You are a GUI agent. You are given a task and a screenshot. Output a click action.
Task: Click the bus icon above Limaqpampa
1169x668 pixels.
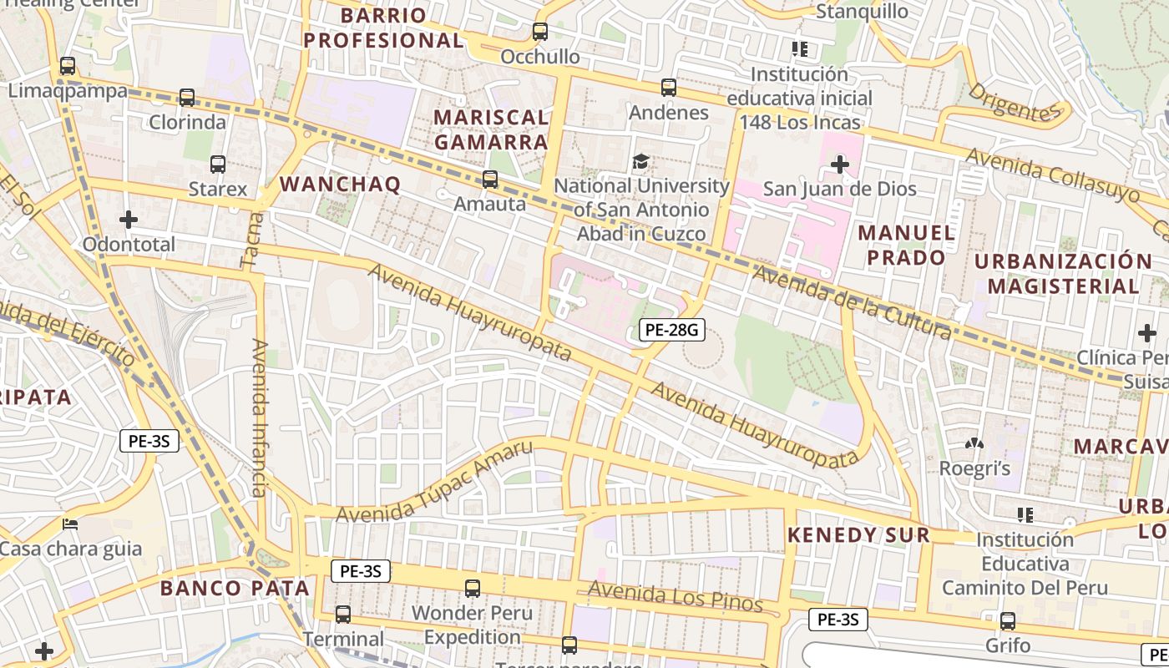pyautogui.click(x=68, y=65)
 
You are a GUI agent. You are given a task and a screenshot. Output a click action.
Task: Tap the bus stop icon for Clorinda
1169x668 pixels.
pyautogui.click(x=187, y=98)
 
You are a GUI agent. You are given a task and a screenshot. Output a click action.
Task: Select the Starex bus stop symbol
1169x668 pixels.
pyautogui.click(x=218, y=164)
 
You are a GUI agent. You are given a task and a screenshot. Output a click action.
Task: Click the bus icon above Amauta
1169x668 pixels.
pyautogui.click(x=490, y=180)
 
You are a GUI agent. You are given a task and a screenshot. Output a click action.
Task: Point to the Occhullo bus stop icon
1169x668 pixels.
pyautogui.click(x=540, y=32)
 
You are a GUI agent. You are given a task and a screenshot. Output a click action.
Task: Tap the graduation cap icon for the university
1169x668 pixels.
pyautogui.click(x=640, y=161)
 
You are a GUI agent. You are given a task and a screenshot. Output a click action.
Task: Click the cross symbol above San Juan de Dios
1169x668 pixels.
pyautogui.click(x=840, y=164)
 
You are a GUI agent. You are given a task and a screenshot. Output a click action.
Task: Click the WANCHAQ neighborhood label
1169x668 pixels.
pyautogui.click(x=340, y=184)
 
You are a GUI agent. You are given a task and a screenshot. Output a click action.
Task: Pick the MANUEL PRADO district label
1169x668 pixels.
pyautogui.click(x=906, y=245)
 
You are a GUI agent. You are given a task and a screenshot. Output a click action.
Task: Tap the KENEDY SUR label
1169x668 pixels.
pyautogui.click(x=858, y=535)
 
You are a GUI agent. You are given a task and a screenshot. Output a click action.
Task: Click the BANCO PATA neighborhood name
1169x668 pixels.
pyautogui.click(x=235, y=588)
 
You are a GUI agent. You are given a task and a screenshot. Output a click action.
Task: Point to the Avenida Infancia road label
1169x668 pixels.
pyautogui.click(x=260, y=417)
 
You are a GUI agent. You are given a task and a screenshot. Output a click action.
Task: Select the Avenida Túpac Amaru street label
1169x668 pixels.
pyautogui.click(x=434, y=482)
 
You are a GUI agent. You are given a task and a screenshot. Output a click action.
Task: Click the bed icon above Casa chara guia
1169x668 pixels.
pyautogui.click(x=71, y=524)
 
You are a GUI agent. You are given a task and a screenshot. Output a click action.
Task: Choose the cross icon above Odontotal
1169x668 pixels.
pyautogui.click(x=129, y=220)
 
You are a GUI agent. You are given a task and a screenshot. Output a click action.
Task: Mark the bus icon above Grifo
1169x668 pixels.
pyautogui.click(x=1008, y=621)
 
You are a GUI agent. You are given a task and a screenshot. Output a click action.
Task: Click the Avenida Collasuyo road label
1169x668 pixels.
pyautogui.click(x=1052, y=175)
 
